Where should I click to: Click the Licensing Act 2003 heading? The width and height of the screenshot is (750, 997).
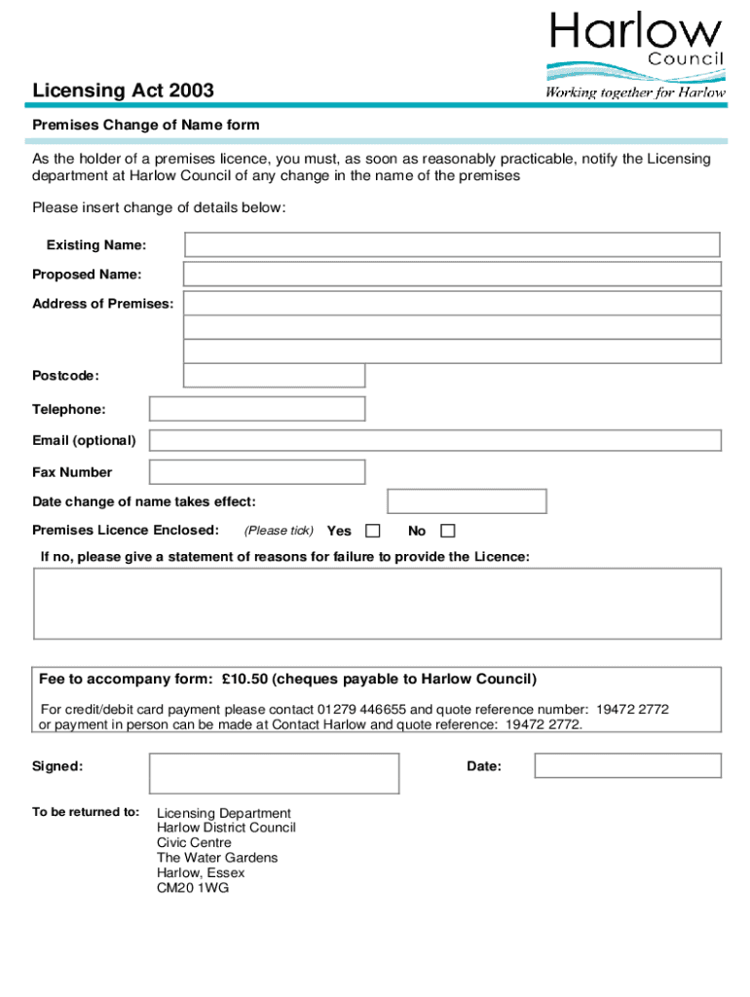pos(123,92)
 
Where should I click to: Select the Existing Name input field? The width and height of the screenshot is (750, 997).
pos(452,244)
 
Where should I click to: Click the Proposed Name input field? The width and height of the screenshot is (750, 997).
pos(452,275)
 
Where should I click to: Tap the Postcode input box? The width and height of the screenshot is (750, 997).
pos(274,376)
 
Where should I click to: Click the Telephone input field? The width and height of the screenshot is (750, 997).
pos(257,409)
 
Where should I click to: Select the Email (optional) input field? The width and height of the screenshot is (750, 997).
pos(434,440)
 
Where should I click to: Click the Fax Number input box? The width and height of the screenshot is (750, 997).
pos(257,472)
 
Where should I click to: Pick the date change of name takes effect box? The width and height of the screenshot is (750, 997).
pos(467,501)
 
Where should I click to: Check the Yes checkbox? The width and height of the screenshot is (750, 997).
pos(372,531)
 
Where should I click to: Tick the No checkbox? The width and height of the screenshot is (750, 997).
pos(447,531)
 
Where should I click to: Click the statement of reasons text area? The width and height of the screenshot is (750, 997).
pos(377,604)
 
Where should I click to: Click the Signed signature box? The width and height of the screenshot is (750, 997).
pos(274,773)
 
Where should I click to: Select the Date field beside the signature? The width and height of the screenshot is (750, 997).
pos(627,766)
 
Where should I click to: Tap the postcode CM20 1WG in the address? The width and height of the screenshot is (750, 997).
pos(193,888)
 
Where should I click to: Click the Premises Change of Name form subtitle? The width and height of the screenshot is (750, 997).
pos(146,126)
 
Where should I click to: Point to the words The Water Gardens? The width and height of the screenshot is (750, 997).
pos(217,858)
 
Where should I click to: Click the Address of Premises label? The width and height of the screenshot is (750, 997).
pos(103,304)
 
